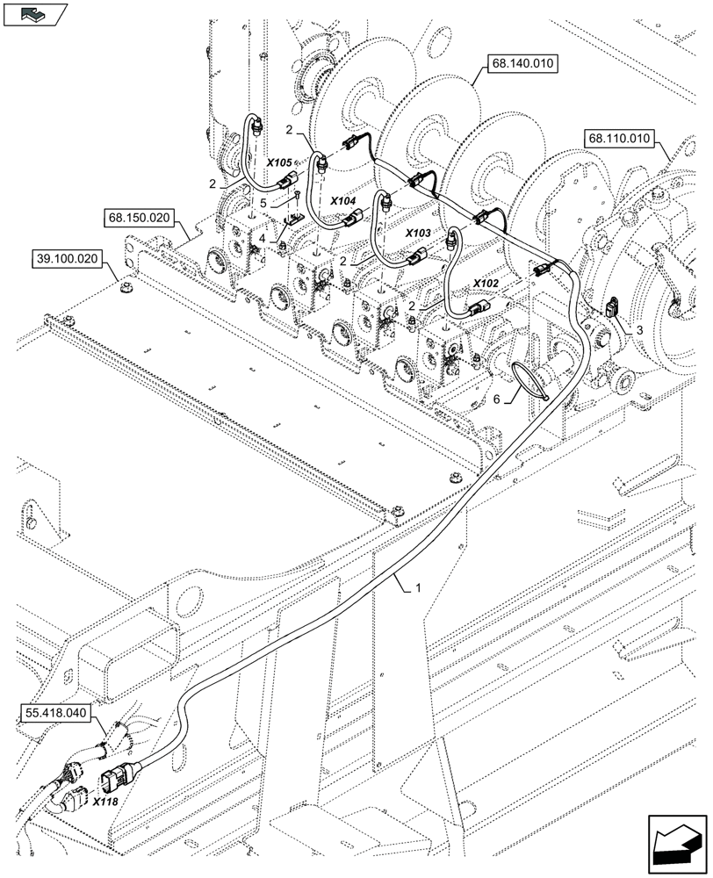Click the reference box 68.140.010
pyautogui.click(x=522, y=64)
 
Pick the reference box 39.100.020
pyautogui.click(x=68, y=259)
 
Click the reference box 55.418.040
pyautogui.click(x=54, y=714)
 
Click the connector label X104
pyautogui.click(x=343, y=201)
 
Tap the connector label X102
pyautogui.click(x=486, y=283)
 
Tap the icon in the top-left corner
pyautogui.click(x=35, y=14)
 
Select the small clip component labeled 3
pyautogui.click(x=611, y=306)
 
